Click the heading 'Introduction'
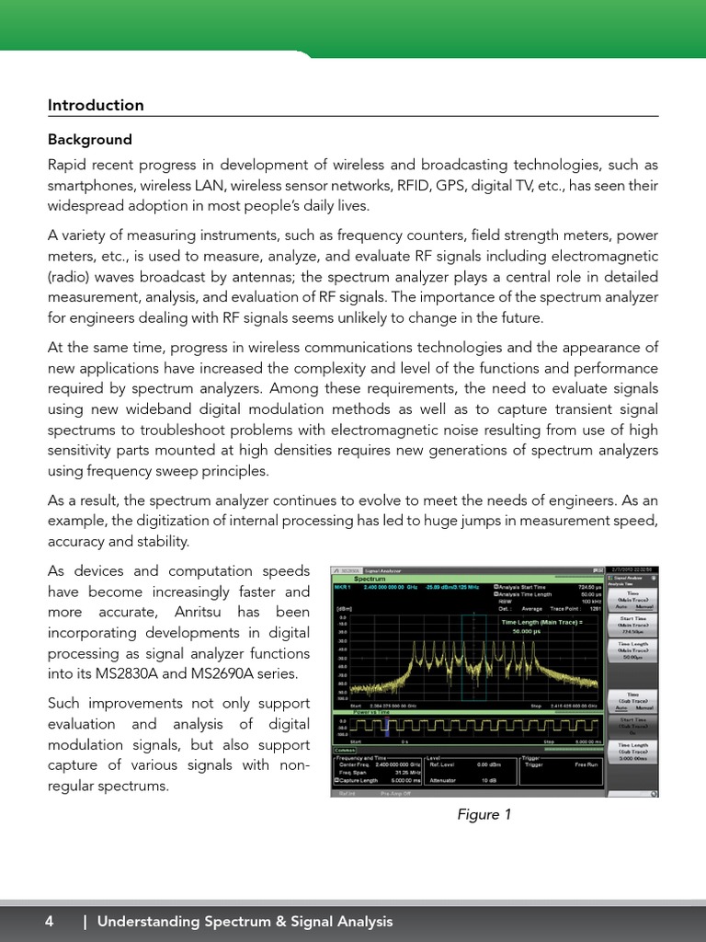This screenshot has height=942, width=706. click(96, 105)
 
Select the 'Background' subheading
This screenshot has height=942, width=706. click(90, 140)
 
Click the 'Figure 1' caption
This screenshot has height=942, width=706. click(484, 814)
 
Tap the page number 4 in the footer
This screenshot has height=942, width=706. click(50, 921)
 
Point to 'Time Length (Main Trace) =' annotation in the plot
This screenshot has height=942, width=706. click(541, 623)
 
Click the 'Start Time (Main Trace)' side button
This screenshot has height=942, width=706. click(632, 626)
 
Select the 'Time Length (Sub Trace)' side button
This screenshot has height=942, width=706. click(632, 751)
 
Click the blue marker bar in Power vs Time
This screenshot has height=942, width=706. click(388, 727)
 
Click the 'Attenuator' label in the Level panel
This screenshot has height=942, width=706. click(449, 779)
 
